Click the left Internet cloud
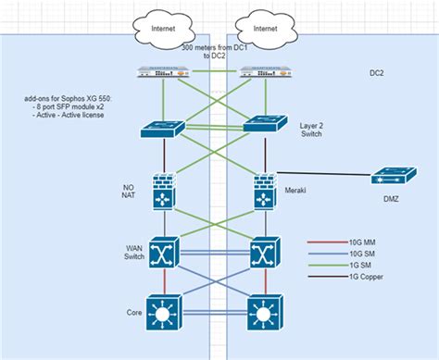point(165,28)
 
